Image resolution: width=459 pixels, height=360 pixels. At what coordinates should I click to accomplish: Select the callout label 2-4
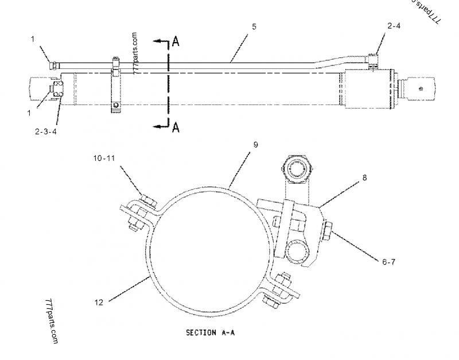tap(394, 26)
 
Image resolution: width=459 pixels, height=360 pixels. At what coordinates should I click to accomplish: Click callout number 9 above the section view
tap(256, 145)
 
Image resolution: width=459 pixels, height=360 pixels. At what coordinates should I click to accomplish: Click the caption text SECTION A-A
tap(210, 332)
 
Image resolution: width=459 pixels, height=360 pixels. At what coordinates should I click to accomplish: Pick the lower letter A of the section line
tap(177, 127)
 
